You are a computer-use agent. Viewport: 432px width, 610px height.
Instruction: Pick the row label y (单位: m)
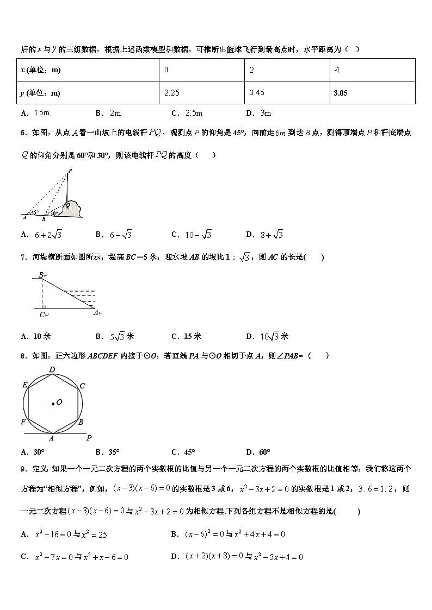40,93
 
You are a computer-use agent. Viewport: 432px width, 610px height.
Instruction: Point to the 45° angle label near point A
34,212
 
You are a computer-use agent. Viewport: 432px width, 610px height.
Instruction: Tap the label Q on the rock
68,206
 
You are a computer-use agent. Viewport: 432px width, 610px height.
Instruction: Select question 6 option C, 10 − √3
191,235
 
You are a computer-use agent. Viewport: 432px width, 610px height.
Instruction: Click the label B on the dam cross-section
41,275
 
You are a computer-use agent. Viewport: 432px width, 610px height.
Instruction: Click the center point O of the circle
53,403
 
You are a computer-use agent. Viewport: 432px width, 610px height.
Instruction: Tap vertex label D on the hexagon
52,370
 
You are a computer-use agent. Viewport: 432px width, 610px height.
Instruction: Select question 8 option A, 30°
33,452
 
